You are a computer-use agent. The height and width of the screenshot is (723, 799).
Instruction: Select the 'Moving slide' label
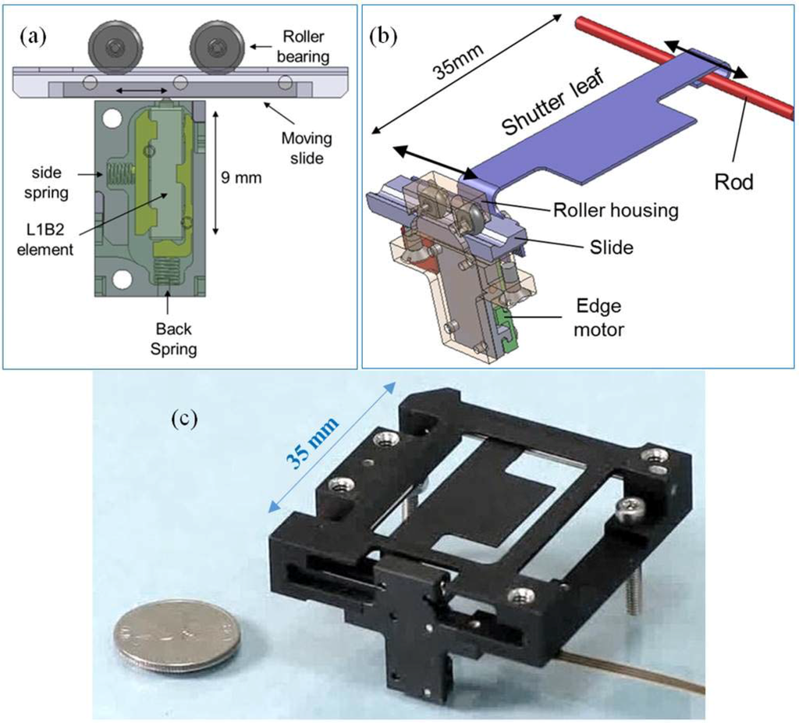[306, 148]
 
